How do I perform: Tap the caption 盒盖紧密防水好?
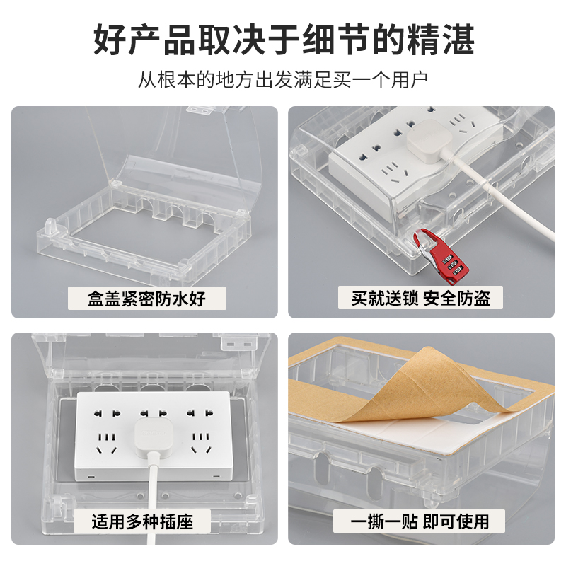tap(146, 298)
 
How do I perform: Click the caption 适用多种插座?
tap(146, 523)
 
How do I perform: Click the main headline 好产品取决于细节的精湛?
tap(283, 40)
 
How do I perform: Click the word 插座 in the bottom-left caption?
tap(183, 523)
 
